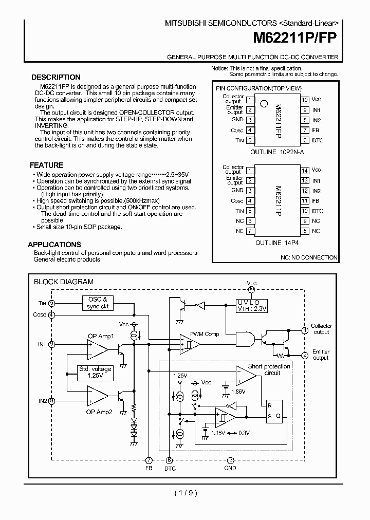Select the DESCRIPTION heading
coord(56,77)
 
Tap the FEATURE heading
coord(47,165)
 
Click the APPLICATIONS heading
coord(54,245)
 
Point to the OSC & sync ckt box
coord(97,303)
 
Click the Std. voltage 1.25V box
coord(95,372)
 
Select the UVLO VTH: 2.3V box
coord(252,306)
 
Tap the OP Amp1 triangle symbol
coord(98,349)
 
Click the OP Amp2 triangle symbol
coord(98,396)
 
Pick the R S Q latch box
coord(272,410)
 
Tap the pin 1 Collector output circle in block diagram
coord(305,329)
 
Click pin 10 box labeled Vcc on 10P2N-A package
coord(305,100)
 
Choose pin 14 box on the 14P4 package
coord(305,170)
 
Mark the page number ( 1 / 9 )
coord(186,493)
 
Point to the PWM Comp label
coord(205,334)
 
